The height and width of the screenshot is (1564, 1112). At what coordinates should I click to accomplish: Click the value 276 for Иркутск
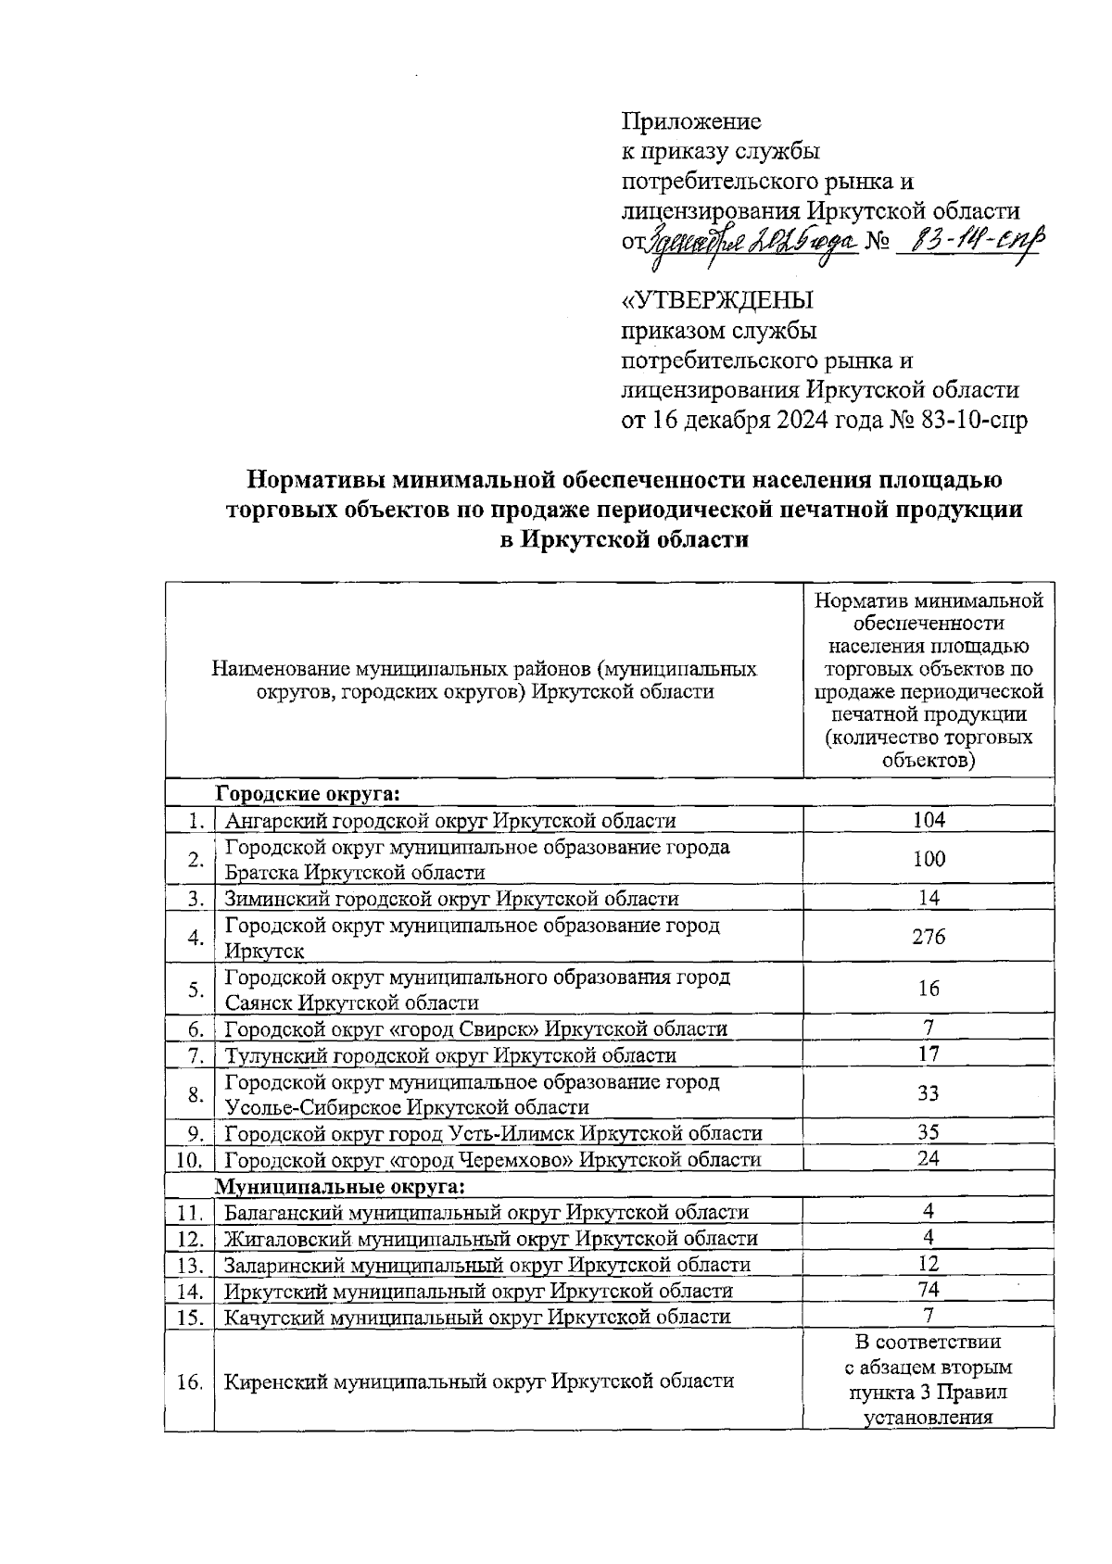point(928,937)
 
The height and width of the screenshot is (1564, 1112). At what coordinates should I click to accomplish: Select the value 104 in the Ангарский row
point(928,819)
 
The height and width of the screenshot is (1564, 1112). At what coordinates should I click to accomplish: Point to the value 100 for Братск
point(928,859)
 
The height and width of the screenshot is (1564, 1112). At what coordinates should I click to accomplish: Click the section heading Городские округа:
point(308,794)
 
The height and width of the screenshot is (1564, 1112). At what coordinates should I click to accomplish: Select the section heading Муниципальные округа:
point(340,1187)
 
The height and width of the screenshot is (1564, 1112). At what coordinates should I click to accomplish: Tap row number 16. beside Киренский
point(189,1381)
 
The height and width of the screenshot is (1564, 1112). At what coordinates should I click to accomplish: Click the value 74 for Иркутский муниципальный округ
point(928,1290)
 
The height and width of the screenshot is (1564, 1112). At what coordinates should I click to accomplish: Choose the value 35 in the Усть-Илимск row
point(928,1132)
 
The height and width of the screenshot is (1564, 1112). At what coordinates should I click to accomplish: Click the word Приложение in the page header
point(690,121)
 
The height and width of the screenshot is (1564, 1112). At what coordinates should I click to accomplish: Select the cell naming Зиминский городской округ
point(451,899)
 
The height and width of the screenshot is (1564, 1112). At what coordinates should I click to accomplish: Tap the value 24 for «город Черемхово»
point(928,1158)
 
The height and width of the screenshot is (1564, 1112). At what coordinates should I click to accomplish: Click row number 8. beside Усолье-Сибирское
point(195,1094)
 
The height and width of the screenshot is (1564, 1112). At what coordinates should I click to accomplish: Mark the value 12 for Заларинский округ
point(928,1264)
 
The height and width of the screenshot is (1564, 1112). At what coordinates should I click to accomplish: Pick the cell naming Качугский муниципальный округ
point(477,1317)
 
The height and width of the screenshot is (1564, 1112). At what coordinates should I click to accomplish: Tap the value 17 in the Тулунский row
point(928,1054)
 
